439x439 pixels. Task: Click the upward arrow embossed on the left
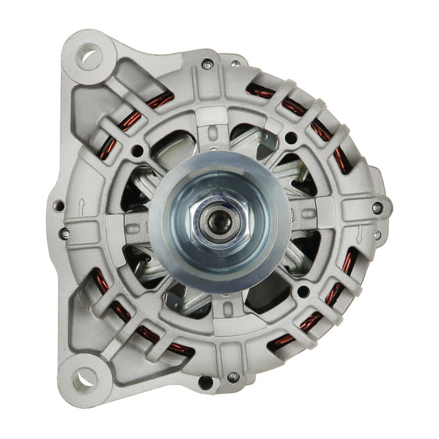point(81,207)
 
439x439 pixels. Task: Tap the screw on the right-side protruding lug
point(376,208)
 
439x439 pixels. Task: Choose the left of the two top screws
point(207,65)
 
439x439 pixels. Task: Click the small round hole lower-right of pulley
point(301,291)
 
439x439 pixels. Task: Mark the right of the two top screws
point(236,64)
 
